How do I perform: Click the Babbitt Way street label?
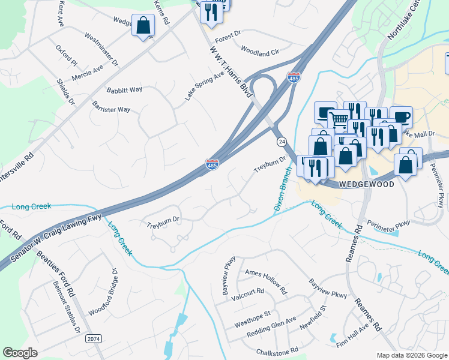(124, 90)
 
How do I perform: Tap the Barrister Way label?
(111, 109)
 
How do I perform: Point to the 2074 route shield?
(94, 339)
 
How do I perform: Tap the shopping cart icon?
(339, 119)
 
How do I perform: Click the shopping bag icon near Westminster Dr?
(143, 26)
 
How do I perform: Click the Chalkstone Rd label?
(277, 351)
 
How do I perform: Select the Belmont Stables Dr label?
(66, 307)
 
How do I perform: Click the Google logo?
(20, 353)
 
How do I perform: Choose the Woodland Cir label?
(260, 53)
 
